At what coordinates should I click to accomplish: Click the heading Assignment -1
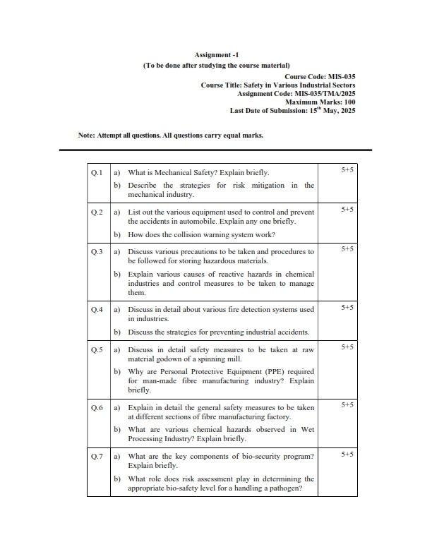[x=216, y=54]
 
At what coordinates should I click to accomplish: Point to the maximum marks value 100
[x=349, y=102]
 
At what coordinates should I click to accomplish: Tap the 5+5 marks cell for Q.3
[x=347, y=249]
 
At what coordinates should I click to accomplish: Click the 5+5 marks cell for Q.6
[x=347, y=405]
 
